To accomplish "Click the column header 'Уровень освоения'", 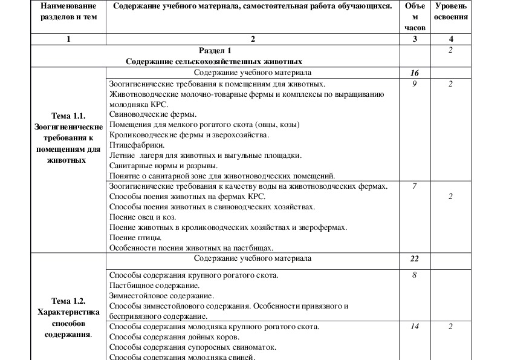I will (451, 11).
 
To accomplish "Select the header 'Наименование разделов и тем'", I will (68, 11).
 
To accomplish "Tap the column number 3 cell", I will (415, 39).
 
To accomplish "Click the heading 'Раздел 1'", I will (214, 51).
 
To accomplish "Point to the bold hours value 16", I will (415, 73).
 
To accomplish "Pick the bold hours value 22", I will (415, 258).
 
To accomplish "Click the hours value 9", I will (415, 84).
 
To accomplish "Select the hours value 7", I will (415, 186).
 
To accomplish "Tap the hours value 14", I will (415, 327).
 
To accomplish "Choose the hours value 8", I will (415, 275).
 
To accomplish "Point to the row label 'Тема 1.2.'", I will (68, 301).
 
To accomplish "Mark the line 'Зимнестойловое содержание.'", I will (161, 296).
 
